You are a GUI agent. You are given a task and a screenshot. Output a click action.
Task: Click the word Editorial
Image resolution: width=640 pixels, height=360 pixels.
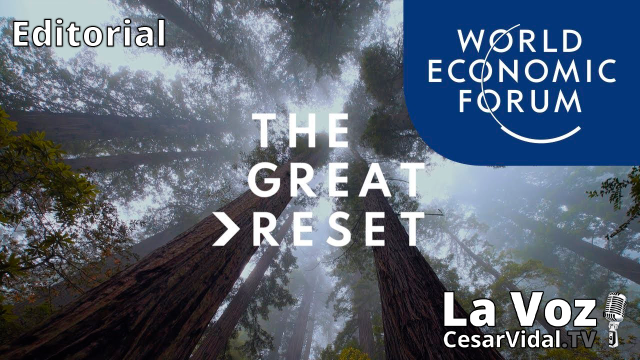click(x=89, y=34)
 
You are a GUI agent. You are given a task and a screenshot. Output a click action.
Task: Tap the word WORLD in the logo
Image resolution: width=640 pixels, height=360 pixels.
click(x=520, y=41)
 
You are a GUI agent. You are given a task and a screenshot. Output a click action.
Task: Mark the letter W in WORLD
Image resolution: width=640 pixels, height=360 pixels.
click(x=473, y=41)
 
